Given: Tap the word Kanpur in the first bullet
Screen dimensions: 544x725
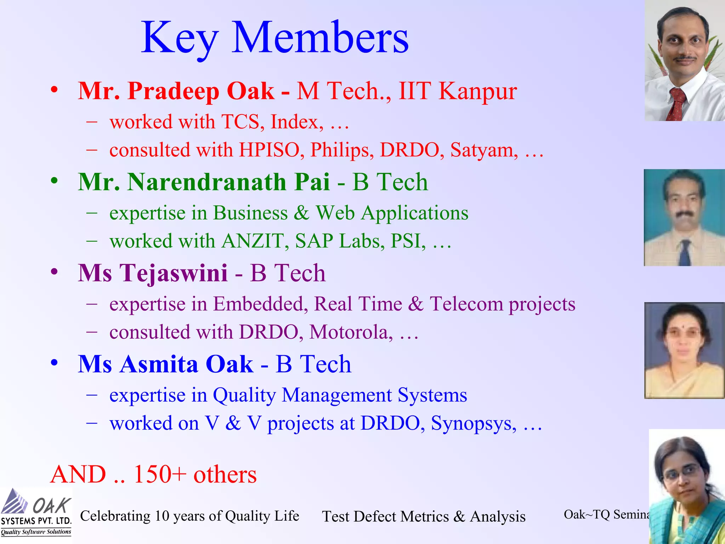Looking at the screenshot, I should coord(478,91).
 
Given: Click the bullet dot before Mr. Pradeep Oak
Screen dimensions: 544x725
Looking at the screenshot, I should coord(54,89).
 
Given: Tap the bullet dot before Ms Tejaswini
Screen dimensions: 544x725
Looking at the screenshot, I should coord(54,272).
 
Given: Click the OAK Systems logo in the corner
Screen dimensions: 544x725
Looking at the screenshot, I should coord(36,512).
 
